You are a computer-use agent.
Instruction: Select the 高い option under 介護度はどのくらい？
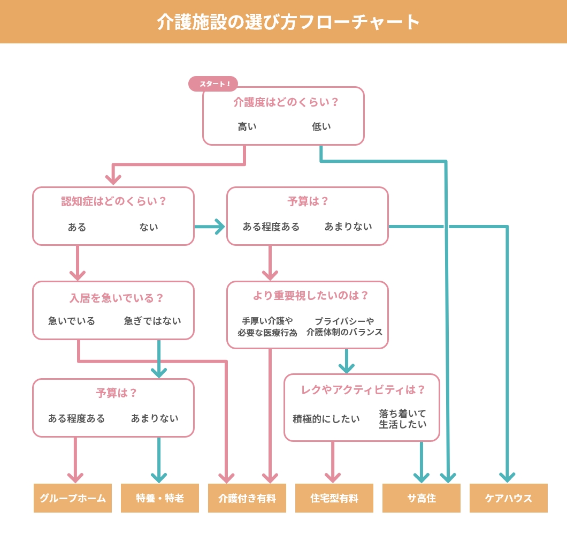coord(247,127)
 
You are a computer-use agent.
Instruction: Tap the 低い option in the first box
coord(321,127)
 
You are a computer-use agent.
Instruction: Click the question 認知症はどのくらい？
coord(113,201)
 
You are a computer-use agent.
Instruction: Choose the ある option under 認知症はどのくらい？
coord(77,227)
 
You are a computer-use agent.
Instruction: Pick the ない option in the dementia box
coord(149,227)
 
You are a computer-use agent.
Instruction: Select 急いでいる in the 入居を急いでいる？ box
coord(72,321)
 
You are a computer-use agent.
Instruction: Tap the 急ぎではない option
coord(152,321)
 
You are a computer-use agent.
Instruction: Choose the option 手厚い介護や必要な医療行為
coord(267,327)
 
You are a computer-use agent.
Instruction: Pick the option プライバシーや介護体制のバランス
coord(344,327)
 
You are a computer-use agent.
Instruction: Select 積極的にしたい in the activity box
coord(326,419)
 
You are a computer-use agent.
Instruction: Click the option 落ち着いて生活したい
coord(403,419)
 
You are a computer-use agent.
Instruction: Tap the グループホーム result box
coord(73,498)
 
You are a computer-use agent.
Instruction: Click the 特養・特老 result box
coord(160,498)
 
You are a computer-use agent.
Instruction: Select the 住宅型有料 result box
coord(334,498)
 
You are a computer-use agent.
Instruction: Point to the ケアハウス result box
coord(509,498)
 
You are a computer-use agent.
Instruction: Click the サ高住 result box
coord(422,498)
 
